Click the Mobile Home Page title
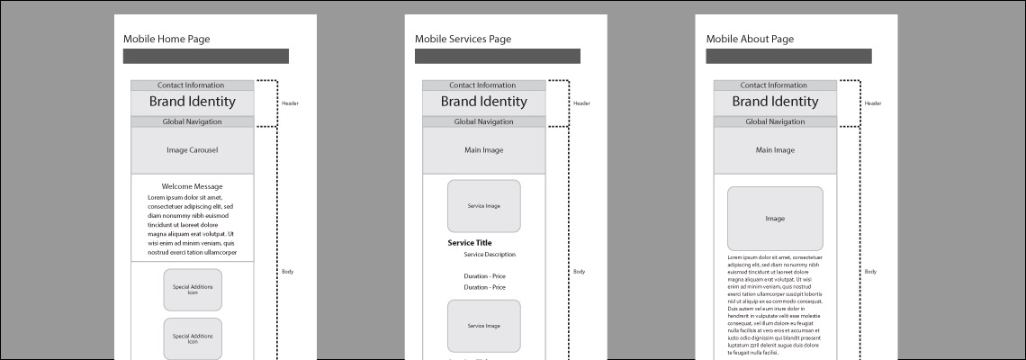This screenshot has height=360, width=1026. (166, 39)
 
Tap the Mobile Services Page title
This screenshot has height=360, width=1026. (463, 39)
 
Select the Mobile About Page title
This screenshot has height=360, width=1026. (750, 39)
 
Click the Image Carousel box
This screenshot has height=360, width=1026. (193, 150)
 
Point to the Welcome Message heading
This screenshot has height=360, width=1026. (193, 186)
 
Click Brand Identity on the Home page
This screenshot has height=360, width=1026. (193, 103)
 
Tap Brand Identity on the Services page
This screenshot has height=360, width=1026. (484, 103)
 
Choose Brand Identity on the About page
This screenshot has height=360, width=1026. (776, 103)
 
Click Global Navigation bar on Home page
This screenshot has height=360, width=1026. (193, 121)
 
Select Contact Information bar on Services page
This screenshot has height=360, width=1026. (484, 85)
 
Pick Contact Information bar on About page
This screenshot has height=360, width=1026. (776, 85)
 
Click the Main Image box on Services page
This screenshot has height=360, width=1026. (484, 150)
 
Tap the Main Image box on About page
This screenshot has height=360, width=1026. (776, 150)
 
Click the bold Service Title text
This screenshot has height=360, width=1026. (470, 243)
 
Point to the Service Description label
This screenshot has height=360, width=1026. (490, 255)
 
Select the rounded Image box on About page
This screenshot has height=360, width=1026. (776, 219)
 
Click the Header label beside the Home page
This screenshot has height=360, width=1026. (290, 103)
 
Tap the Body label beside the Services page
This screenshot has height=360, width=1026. (580, 272)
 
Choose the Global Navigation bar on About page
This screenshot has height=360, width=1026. (776, 121)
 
